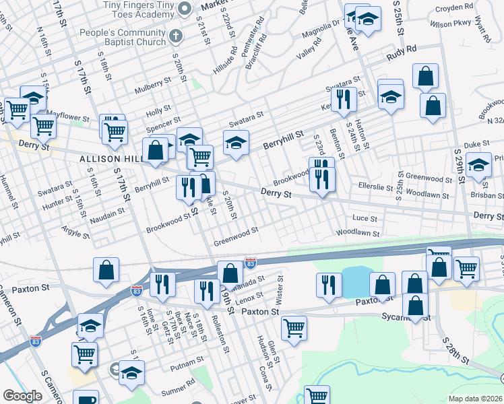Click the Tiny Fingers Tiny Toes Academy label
[139, 6]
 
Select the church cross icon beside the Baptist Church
[176, 36]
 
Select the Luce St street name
[365, 218]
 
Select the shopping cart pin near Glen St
[294, 328]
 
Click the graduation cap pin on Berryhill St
[236, 143]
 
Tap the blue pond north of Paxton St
[356, 281]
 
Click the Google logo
[23, 397]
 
